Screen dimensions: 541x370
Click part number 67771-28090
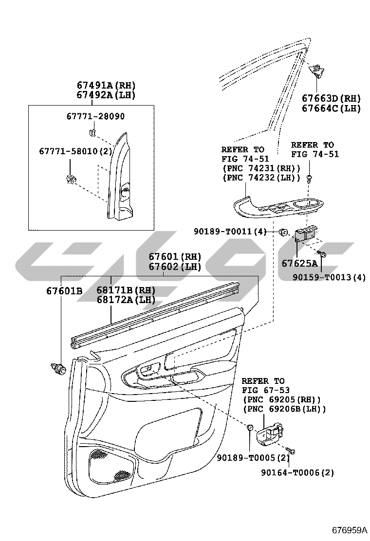(x=95, y=117)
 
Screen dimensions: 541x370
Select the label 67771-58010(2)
(x=75, y=151)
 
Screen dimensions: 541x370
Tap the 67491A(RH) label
(x=106, y=86)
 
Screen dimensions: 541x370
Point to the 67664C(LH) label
(x=331, y=108)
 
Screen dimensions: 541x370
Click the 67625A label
(x=299, y=264)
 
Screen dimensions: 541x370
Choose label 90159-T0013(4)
(x=329, y=277)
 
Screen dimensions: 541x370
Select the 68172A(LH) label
(x=125, y=300)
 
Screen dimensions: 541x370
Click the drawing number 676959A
(x=349, y=530)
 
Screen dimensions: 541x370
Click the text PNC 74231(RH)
(x=261, y=168)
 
